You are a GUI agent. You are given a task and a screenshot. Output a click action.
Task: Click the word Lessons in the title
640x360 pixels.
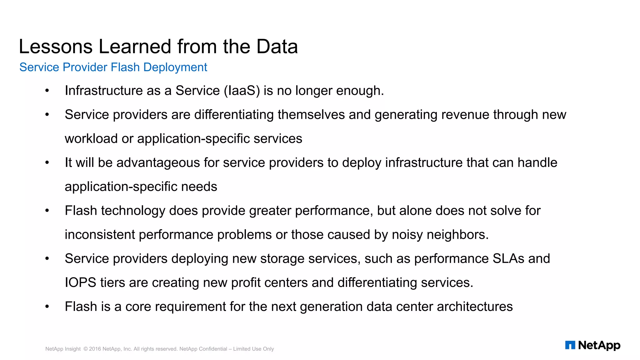(x=56, y=47)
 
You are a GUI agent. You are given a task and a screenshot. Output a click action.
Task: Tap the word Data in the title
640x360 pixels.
(x=277, y=47)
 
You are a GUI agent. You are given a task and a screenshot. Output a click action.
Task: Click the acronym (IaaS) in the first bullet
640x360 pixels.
(x=242, y=91)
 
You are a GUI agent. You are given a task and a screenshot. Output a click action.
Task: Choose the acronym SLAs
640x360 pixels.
(x=508, y=259)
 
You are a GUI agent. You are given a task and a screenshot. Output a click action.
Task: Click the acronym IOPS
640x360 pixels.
(x=80, y=283)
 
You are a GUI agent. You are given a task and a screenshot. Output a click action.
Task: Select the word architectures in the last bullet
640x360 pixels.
(x=475, y=307)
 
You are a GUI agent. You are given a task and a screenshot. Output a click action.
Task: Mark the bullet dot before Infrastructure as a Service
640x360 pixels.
(x=47, y=91)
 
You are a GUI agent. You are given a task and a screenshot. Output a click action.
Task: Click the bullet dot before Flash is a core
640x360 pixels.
(x=47, y=307)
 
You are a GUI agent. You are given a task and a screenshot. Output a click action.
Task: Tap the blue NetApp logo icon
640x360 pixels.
(x=570, y=345)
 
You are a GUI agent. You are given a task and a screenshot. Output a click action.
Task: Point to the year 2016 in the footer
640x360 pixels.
(x=95, y=349)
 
